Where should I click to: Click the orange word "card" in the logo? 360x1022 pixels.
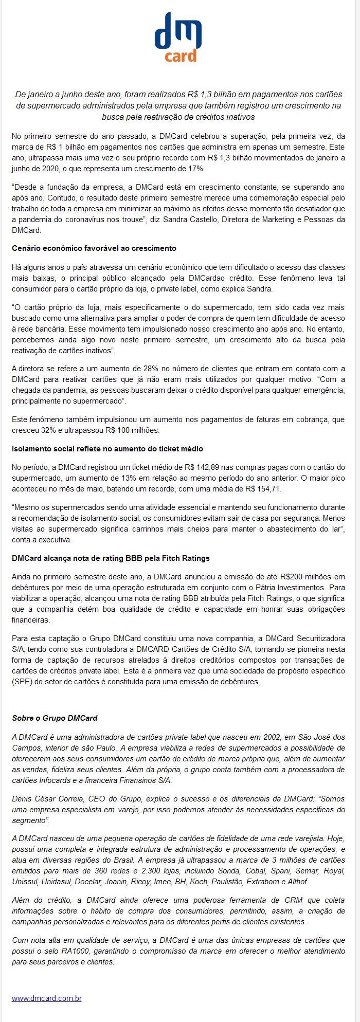coord(181,55)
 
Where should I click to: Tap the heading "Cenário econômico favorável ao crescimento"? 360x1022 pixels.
coord(94,248)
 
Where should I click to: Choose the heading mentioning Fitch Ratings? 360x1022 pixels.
coord(111,558)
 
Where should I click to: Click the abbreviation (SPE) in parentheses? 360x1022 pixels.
coord(22,682)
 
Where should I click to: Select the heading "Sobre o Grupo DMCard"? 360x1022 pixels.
coord(55,718)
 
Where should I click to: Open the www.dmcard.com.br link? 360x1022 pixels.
coord(47,998)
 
